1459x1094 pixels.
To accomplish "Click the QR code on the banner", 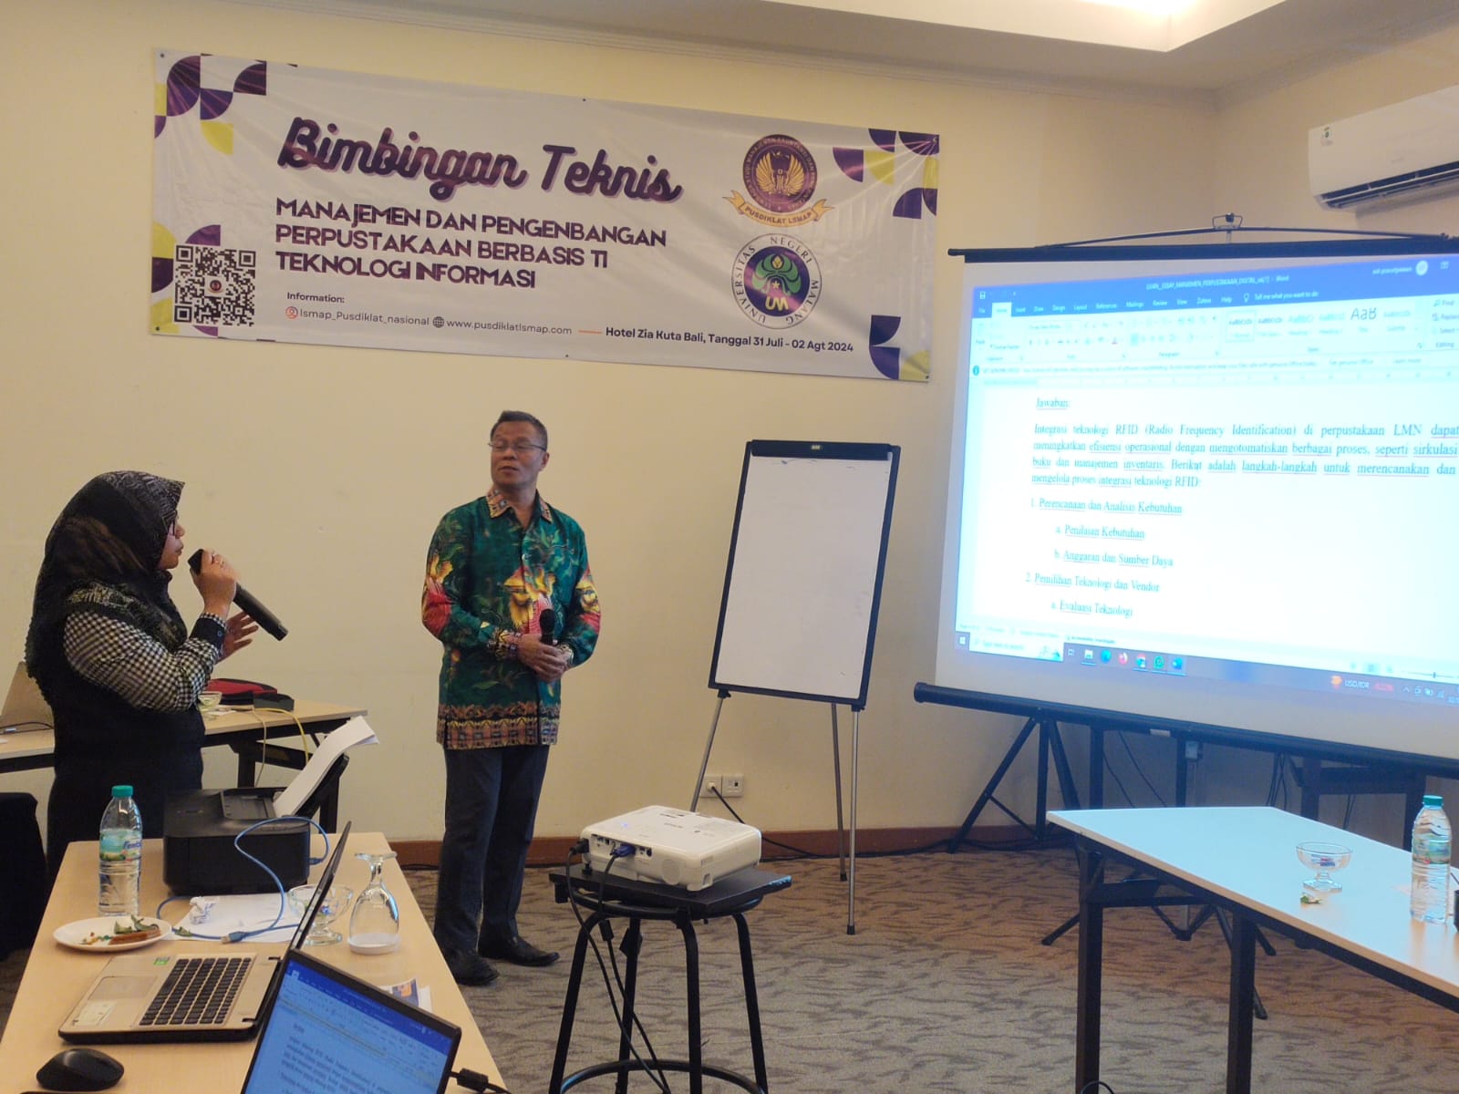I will [x=214, y=285].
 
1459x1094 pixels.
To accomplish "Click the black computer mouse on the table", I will [x=79, y=1069].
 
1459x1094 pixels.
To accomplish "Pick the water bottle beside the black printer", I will [x=119, y=850].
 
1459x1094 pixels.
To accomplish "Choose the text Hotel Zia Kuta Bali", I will [x=654, y=332].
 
